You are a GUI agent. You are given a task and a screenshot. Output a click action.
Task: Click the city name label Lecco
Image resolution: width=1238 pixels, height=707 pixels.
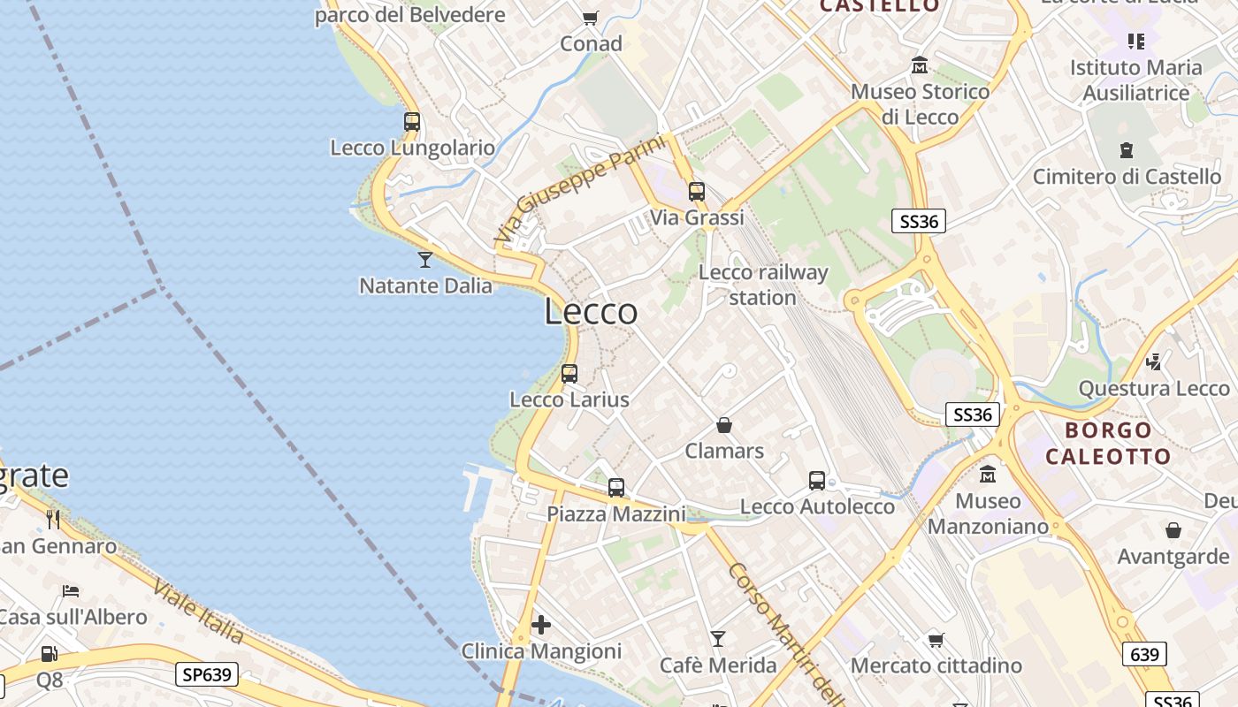591,311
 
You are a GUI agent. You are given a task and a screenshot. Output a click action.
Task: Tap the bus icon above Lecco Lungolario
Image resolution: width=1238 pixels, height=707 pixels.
412,122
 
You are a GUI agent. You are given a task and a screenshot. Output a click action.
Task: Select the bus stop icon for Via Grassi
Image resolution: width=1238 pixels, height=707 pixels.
697,191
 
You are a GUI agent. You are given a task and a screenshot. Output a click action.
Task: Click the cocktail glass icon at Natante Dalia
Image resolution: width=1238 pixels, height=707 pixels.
425,259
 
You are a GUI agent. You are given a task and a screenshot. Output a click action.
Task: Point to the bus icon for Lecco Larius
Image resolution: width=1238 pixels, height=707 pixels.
569,374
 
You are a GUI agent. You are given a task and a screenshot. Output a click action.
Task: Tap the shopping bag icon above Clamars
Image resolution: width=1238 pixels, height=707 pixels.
724,425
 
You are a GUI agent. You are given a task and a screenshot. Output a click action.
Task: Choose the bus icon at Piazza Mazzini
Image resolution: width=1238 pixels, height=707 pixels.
616,487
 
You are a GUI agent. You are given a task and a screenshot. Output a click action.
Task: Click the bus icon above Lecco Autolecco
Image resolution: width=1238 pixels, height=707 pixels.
817,481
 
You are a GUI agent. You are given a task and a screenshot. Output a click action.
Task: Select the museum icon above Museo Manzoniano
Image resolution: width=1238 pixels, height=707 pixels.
988,475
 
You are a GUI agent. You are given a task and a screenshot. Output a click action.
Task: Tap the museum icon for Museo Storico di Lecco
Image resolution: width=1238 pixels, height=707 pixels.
920,65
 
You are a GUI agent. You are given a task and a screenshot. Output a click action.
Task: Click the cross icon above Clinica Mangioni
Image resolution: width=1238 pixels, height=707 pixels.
541,626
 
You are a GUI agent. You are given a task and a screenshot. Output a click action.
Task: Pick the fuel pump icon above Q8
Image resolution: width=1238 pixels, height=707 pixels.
50,654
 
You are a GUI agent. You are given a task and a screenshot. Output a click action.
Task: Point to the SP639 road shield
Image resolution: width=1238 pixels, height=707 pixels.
208,674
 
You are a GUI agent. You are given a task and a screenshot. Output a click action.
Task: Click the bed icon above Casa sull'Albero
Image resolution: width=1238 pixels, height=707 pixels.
72,590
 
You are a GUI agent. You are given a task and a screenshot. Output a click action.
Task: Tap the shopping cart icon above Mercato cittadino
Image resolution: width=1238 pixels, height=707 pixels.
936,639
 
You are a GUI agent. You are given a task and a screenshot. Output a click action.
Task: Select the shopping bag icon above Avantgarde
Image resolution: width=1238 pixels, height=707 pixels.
1173,530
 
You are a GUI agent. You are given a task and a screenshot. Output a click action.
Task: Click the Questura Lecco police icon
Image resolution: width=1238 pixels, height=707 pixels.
1154,361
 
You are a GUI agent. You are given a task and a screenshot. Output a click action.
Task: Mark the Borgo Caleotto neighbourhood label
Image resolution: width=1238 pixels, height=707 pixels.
1108,444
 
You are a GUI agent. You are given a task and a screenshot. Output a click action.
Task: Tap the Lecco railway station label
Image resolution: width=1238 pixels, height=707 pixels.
763,285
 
